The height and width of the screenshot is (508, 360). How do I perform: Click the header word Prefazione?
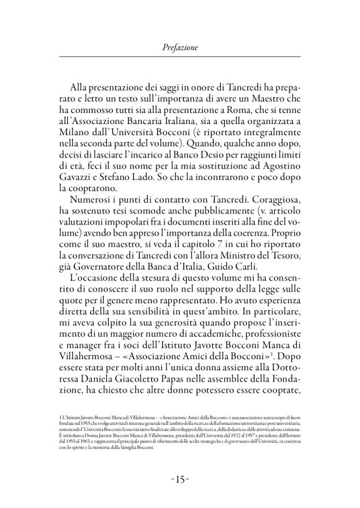179,46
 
